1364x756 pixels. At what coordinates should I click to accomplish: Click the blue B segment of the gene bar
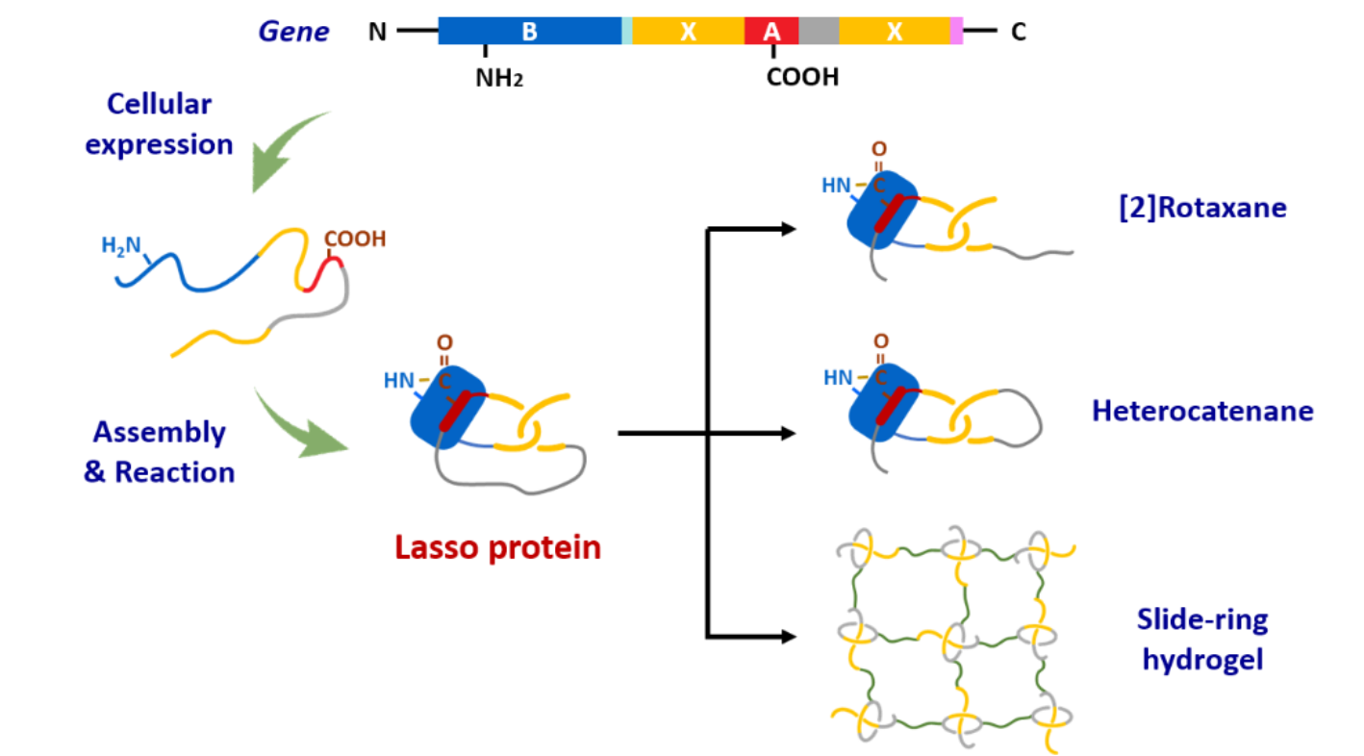pyautogui.click(x=529, y=32)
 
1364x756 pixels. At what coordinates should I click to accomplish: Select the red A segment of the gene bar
pyautogui.click(x=771, y=32)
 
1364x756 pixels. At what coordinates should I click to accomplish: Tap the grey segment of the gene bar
pyautogui.click(x=819, y=32)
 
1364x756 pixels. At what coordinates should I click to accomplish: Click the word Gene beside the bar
pyautogui.click(x=293, y=33)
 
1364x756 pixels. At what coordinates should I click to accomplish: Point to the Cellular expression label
pyautogui.click(x=160, y=124)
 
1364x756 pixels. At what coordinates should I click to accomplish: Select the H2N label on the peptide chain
pyautogui.click(x=121, y=245)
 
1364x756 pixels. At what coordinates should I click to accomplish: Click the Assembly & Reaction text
pyautogui.click(x=160, y=452)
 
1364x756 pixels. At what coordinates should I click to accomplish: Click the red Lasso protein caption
pyautogui.click(x=497, y=547)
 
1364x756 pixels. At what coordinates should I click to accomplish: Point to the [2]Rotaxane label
pyautogui.click(x=1202, y=208)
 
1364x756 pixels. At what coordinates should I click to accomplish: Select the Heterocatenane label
pyautogui.click(x=1202, y=412)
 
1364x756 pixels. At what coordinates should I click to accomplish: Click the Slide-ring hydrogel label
pyautogui.click(x=1201, y=640)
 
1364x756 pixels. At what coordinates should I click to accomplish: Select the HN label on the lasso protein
pyautogui.click(x=399, y=381)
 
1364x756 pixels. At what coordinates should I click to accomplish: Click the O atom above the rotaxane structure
pyautogui.click(x=879, y=149)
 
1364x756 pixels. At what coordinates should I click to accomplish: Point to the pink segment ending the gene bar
pyautogui.click(x=957, y=32)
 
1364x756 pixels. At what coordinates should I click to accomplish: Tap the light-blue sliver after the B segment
pyautogui.click(x=627, y=32)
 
